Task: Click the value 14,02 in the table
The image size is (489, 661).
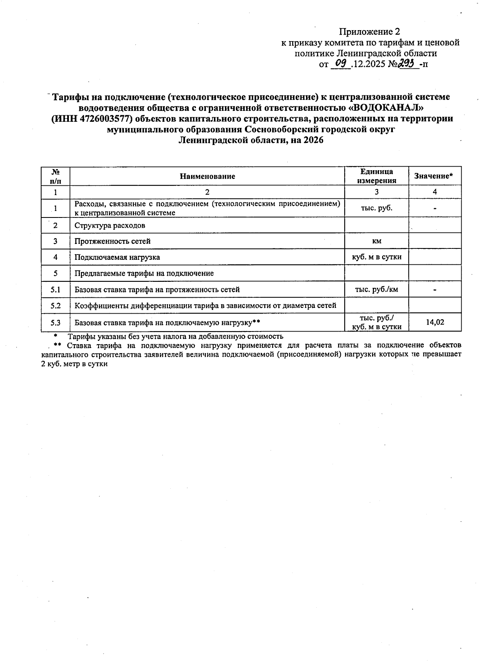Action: (x=435, y=323)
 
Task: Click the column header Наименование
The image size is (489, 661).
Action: (x=207, y=176)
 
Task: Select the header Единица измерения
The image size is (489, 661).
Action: (x=377, y=176)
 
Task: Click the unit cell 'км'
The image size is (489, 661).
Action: (x=377, y=241)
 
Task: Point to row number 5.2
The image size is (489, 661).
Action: (x=55, y=305)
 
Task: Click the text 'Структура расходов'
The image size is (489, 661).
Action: (x=110, y=225)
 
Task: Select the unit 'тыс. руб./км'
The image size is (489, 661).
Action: (x=377, y=290)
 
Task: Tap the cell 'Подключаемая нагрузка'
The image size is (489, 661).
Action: (x=117, y=257)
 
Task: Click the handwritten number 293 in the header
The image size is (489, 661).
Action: (x=408, y=63)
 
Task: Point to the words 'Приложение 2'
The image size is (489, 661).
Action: (x=370, y=32)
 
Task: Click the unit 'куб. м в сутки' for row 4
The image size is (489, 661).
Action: (x=377, y=257)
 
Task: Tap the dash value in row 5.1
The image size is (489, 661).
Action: (x=435, y=290)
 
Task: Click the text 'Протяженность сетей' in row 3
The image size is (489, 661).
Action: (x=112, y=241)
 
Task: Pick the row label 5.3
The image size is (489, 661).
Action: (x=55, y=323)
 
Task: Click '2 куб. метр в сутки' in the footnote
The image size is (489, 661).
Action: (x=75, y=364)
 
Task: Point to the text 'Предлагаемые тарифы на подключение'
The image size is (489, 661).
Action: (x=144, y=273)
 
